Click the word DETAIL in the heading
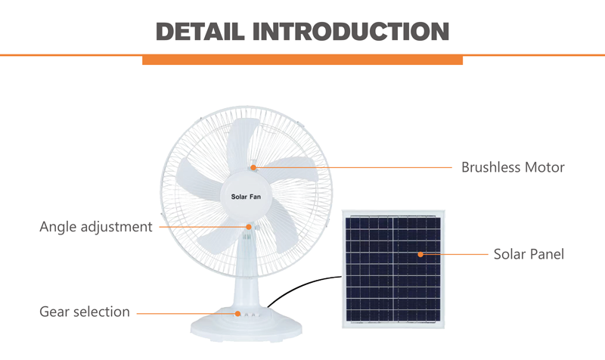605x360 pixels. (x=200, y=32)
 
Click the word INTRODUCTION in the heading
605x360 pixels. (x=351, y=32)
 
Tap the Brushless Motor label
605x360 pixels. (x=513, y=167)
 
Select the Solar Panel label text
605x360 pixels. (x=529, y=254)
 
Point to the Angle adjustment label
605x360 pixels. (x=96, y=227)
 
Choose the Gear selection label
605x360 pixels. (x=85, y=312)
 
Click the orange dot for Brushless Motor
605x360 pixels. (x=253, y=167)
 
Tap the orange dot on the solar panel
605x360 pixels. (x=420, y=254)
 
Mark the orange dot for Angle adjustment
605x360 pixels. (x=249, y=227)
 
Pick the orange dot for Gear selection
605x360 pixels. (x=237, y=314)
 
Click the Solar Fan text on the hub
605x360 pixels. (x=246, y=197)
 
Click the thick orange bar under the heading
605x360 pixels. (x=302, y=61)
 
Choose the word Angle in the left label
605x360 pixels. (x=58, y=227)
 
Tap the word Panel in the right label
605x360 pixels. (x=547, y=254)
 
